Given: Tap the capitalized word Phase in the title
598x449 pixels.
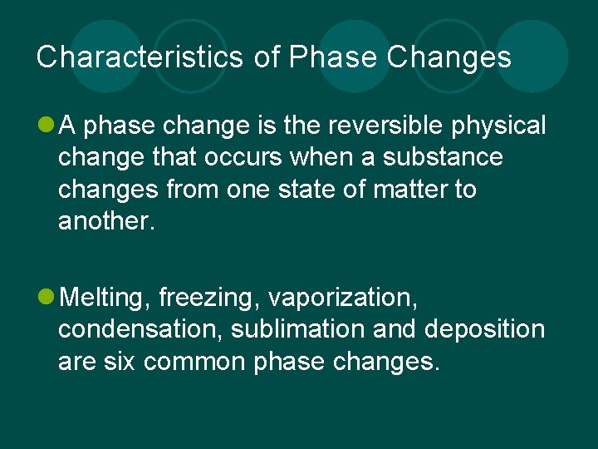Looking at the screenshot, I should tap(324, 57).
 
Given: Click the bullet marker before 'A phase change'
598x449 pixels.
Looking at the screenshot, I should tap(45, 126).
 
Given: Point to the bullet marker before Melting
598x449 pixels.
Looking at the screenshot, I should tap(45, 297).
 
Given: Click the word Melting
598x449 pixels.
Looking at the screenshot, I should tap(105, 298).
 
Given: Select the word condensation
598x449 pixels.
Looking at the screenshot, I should tap(140, 329).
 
